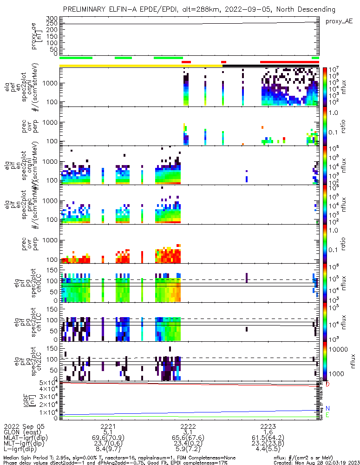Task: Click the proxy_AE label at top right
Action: (x=339, y=21)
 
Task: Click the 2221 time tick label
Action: (x=108, y=426)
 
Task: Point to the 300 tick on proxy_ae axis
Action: (x=52, y=19)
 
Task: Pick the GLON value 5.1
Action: (x=108, y=432)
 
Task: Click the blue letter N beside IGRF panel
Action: (x=327, y=408)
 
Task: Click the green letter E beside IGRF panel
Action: (x=327, y=415)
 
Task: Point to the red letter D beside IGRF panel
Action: (x=327, y=384)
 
